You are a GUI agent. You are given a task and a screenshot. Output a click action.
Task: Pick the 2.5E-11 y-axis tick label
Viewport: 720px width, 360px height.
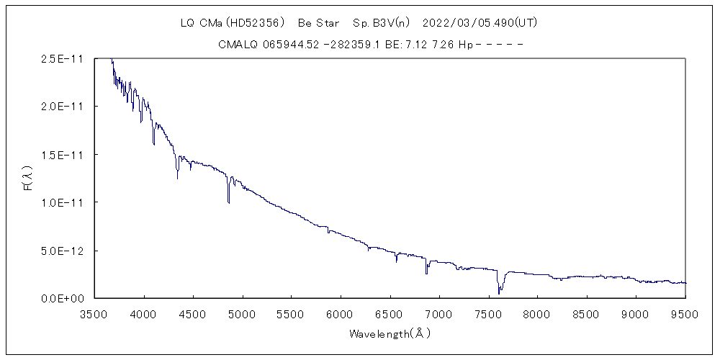point(64,59)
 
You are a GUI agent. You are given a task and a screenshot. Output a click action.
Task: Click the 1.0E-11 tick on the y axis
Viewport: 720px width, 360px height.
point(64,202)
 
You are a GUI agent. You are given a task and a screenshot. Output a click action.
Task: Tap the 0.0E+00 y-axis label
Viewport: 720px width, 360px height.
point(64,298)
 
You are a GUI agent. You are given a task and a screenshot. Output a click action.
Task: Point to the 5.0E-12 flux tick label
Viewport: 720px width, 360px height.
point(64,251)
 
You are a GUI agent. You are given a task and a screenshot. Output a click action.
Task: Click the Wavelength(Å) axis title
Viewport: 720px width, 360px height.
point(390,334)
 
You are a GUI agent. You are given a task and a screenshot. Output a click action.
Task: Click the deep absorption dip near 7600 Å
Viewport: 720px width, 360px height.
point(498,292)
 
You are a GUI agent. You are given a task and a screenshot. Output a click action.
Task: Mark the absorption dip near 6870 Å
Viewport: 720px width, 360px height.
point(426,272)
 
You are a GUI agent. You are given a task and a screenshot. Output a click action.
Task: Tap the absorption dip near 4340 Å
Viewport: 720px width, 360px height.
point(177,176)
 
